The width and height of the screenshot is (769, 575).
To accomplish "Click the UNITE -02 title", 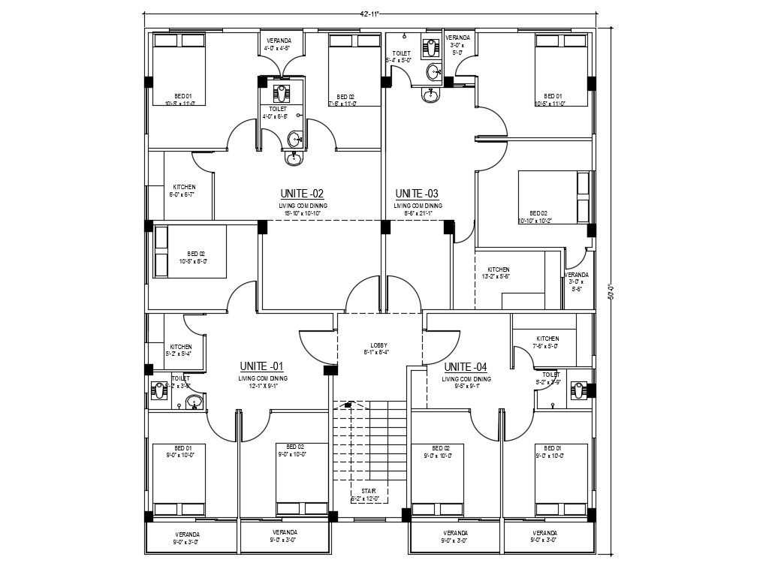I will pyautogui.click(x=302, y=193).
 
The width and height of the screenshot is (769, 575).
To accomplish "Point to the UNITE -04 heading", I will pyautogui.click(x=466, y=367).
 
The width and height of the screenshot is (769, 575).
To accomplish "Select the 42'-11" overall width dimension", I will pyautogui.click(x=369, y=13).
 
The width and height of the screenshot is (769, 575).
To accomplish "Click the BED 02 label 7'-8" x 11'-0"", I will pyautogui.click(x=345, y=100).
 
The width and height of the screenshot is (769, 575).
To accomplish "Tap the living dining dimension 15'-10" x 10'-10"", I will pyautogui.click(x=303, y=213).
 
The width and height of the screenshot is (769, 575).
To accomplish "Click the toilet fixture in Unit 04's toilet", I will pyautogui.click(x=578, y=390).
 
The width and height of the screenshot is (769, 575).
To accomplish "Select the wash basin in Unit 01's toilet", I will pyautogui.click(x=194, y=402).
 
